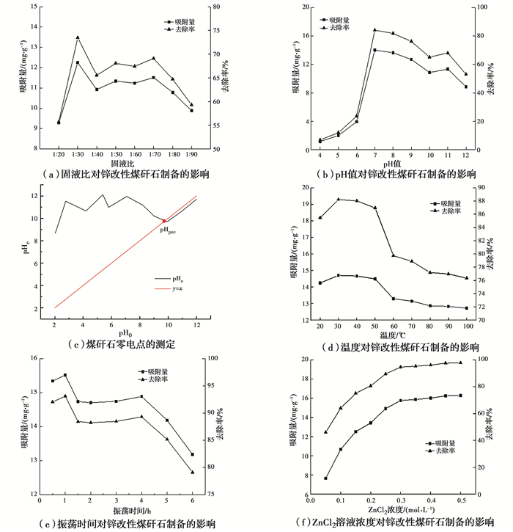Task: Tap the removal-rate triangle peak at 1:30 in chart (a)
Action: (x=78, y=37)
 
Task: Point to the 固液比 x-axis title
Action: (x=124, y=164)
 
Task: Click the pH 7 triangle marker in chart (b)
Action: (x=374, y=30)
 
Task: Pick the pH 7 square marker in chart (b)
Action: (x=374, y=50)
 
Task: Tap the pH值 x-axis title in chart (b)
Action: (x=392, y=163)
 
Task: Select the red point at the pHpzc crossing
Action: (x=164, y=221)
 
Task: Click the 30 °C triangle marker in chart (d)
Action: (x=339, y=199)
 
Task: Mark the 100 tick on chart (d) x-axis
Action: (x=467, y=326)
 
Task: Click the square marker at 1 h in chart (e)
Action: (x=65, y=375)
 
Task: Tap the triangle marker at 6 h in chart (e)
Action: (x=193, y=472)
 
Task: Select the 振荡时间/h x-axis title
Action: (x=122, y=509)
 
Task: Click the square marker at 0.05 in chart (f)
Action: (x=325, y=478)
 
